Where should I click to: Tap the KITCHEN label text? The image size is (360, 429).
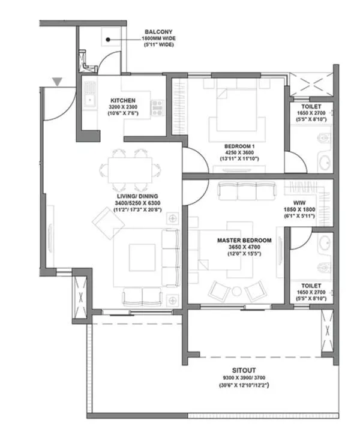click(122, 100)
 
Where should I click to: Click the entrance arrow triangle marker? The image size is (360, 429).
click(56, 82)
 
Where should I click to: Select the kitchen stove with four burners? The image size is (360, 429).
click(158, 107)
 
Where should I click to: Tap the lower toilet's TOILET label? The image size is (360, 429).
click(311, 286)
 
